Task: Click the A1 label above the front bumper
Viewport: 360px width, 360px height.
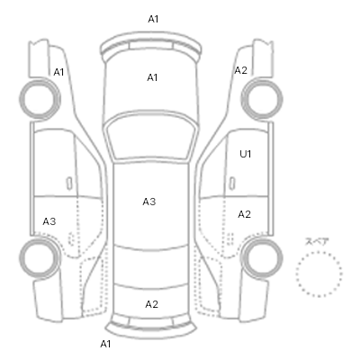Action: [x=153, y=19]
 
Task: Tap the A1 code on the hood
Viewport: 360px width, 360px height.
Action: [x=152, y=77]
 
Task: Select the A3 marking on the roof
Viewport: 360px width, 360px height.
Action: [x=149, y=202]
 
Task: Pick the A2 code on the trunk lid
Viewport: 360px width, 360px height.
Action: [x=151, y=304]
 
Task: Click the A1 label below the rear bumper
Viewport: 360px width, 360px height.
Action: [x=105, y=344]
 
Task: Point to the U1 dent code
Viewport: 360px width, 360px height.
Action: [x=245, y=154]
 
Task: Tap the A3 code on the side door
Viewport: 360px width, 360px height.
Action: [x=49, y=221]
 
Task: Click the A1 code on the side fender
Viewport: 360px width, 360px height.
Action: [x=58, y=72]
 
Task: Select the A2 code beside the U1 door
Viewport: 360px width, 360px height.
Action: [x=244, y=214]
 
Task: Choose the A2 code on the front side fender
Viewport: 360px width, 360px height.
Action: [x=240, y=70]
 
